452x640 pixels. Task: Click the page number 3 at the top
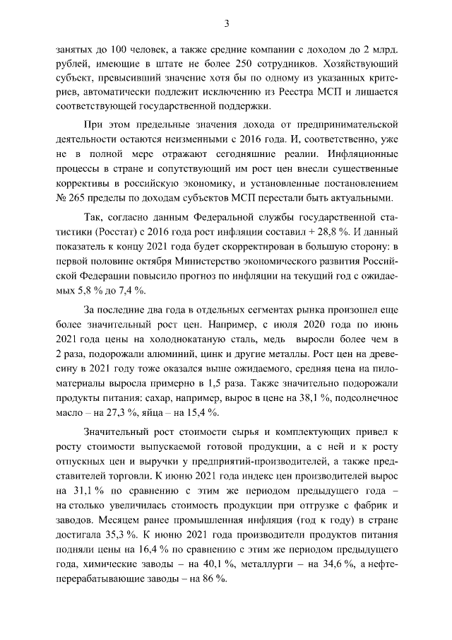tap(226, 24)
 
